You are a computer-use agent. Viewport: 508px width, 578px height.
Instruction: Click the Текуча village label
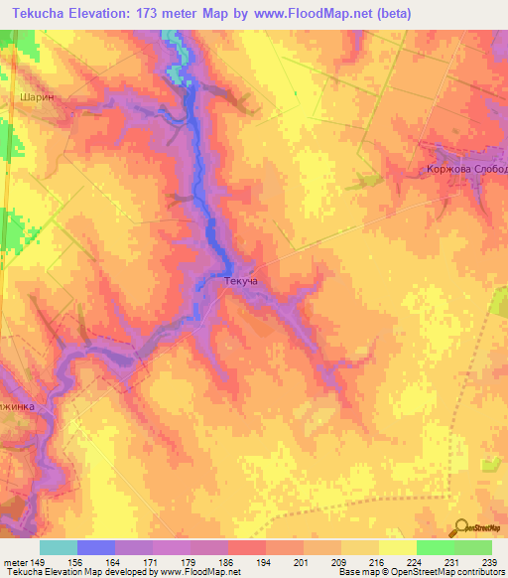[x=242, y=282]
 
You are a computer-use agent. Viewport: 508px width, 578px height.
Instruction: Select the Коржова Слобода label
[x=461, y=169]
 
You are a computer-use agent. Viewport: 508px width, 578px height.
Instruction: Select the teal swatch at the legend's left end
[x=59, y=547]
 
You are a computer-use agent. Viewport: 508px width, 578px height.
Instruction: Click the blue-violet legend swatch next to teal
[x=96, y=547]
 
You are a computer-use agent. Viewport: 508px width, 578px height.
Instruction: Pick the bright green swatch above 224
[x=435, y=547]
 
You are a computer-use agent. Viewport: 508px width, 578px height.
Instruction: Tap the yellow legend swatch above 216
[x=359, y=547]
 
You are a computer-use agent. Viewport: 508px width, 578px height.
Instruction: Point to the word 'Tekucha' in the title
[x=37, y=14]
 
